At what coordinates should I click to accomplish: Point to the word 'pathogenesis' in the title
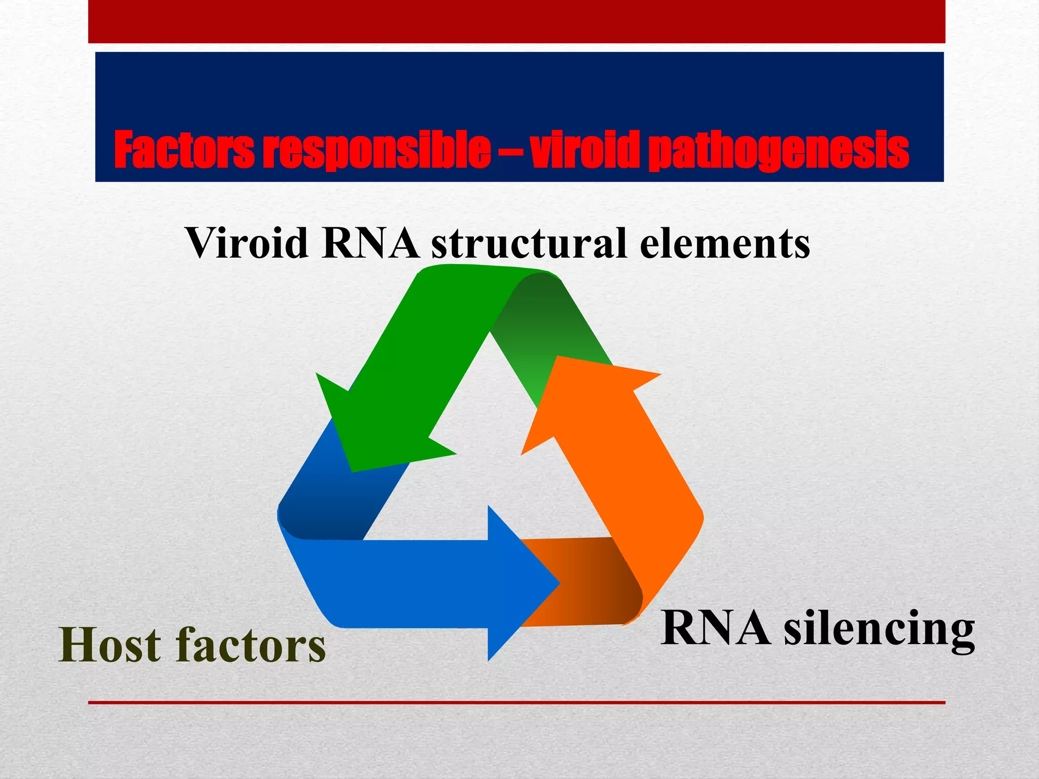click(779, 150)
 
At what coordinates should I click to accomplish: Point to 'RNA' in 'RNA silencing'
click(715, 629)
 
